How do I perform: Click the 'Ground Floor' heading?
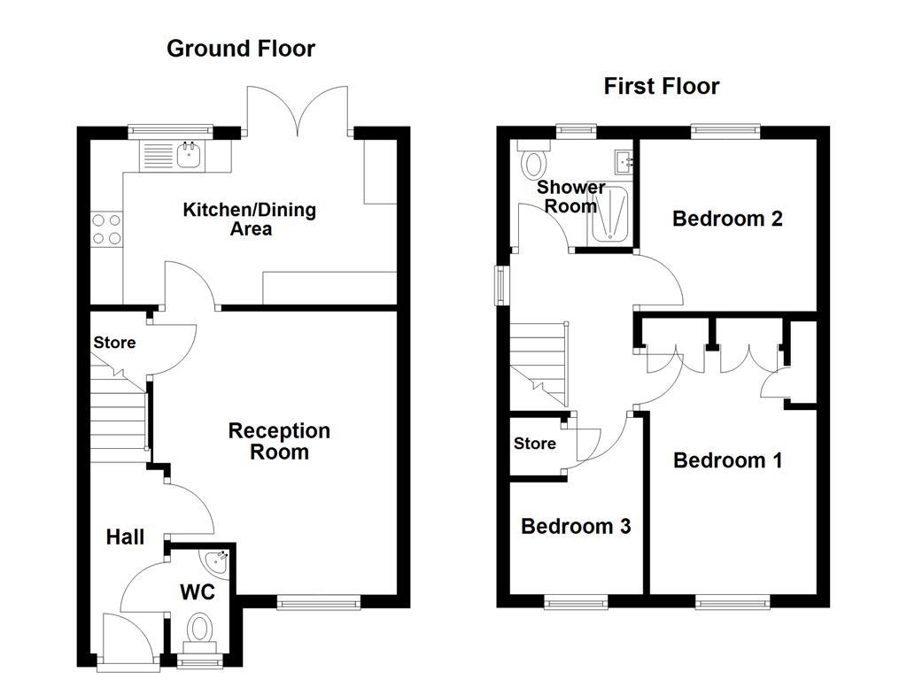click(240, 49)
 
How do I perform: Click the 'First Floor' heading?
click(661, 86)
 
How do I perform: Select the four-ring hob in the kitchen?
click(106, 229)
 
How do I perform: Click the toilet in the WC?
click(199, 633)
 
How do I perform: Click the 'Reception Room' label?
click(279, 441)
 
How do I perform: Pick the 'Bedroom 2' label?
click(727, 219)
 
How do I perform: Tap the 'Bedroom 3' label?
click(576, 527)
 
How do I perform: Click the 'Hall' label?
click(125, 537)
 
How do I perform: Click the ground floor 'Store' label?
click(114, 343)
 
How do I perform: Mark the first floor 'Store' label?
click(535, 444)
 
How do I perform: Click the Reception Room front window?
click(319, 603)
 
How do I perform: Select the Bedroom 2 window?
click(725, 131)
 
